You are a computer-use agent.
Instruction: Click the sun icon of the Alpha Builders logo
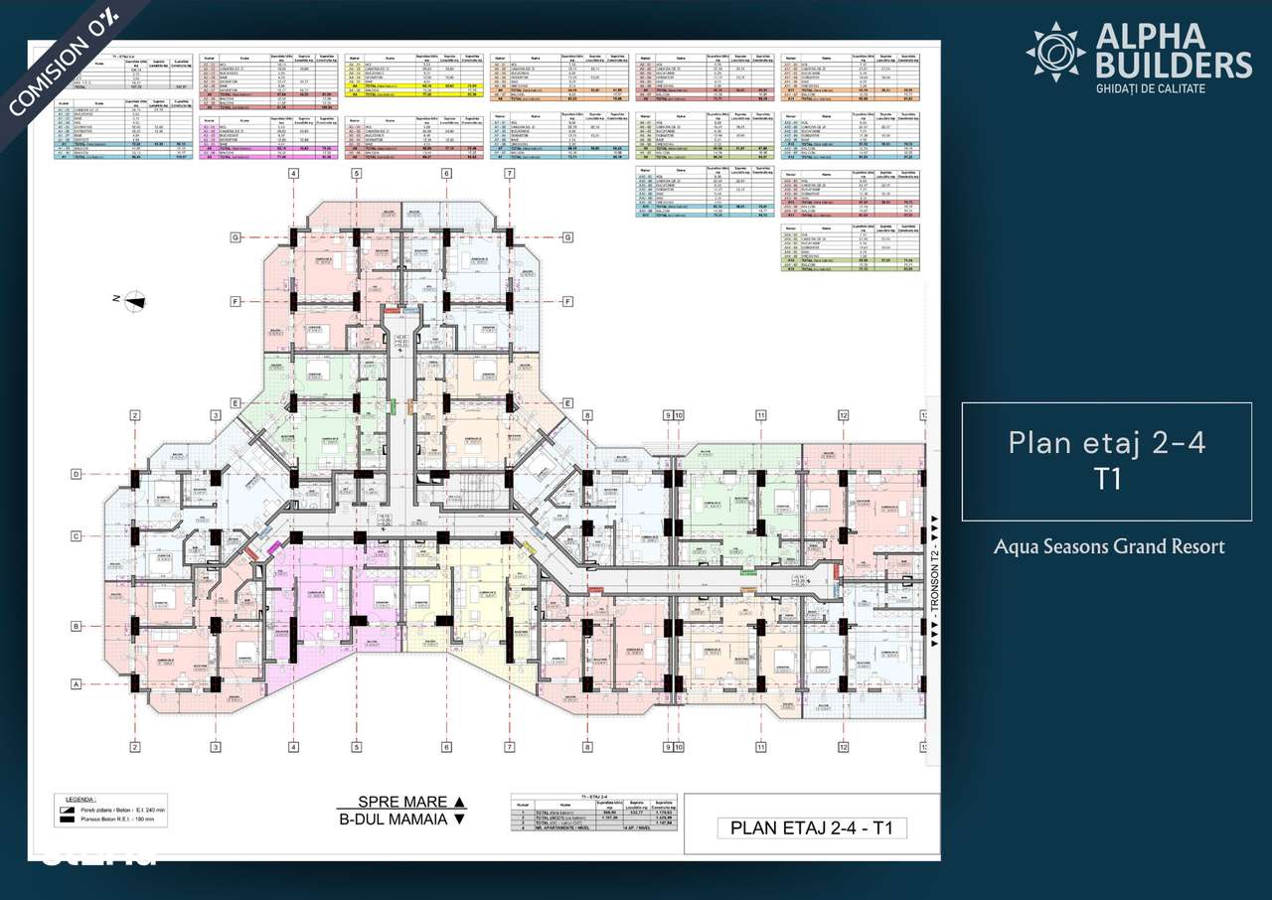(1055, 51)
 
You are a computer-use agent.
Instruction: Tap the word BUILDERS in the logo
(1174, 66)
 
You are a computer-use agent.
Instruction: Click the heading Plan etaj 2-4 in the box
(1106, 442)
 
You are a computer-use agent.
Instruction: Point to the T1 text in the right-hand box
(1107, 479)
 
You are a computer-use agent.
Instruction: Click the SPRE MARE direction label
(399, 802)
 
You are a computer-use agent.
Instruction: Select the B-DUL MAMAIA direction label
(399, 820)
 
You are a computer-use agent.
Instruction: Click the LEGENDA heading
(79, 798)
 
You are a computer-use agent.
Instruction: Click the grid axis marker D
(75, 474)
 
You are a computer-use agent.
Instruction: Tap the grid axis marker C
(75, 536)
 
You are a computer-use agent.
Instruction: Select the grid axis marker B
(75, 626)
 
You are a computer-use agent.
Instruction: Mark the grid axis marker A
(75, 684)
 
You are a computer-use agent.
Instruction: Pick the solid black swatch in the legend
(69, 821)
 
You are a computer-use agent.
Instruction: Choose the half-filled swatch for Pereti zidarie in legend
(69, 809)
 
